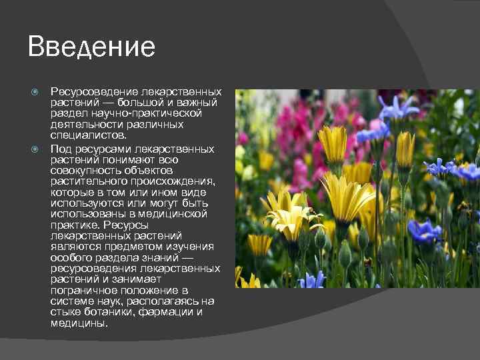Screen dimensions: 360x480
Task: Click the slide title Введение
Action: (x=91, y=47)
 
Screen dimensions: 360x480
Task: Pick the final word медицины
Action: (x=79, y=323)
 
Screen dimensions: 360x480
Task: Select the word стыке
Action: (x=65, y=312)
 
